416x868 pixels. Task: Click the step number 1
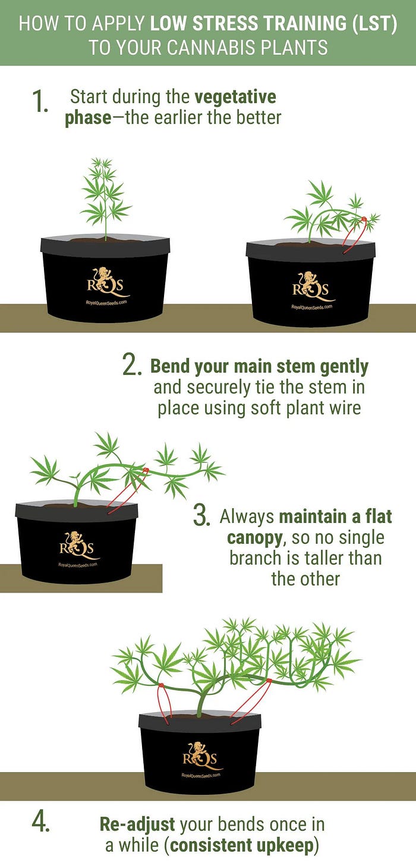pos(40,102)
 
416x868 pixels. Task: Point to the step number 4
pos(40,822)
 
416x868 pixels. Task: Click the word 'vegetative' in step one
pos(235,96)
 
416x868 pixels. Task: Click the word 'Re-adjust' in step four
pos(137,824)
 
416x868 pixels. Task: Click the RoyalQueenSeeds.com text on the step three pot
pos(77,565)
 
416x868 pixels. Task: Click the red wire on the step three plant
pos(128,491)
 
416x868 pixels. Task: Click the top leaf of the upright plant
pos(102,164)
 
